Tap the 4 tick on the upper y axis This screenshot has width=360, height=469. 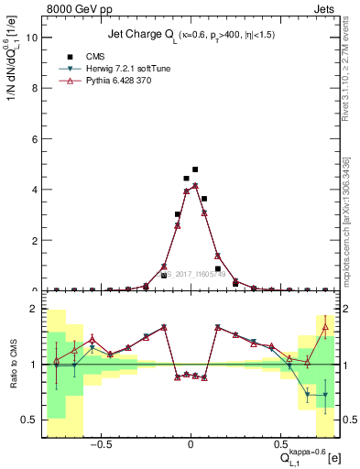click(x=32, y=190)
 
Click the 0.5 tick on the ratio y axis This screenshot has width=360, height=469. click(x=27, y=420)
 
